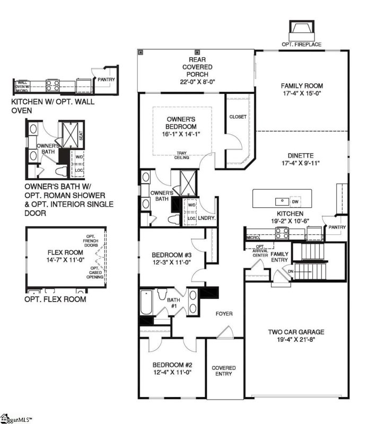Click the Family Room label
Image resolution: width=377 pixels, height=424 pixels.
click(x=302, y=86)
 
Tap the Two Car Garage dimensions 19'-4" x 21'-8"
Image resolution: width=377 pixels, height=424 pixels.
click(x=295, y=340)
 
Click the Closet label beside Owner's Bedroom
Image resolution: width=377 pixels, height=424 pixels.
click(x=238, y=117)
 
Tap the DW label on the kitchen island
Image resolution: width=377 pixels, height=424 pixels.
click(x=296, y=201)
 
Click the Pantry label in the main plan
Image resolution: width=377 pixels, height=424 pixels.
click(x=337, y=227)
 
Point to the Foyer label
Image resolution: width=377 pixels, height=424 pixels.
click(x=224, y=314)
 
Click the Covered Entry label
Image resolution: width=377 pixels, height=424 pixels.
click(x=224, y=371)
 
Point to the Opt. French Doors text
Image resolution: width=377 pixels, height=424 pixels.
click(x=98, y=241)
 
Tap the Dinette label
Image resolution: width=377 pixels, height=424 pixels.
click(x=301, y=156)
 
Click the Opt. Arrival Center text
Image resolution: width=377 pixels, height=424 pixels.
click(x=260, y=251)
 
